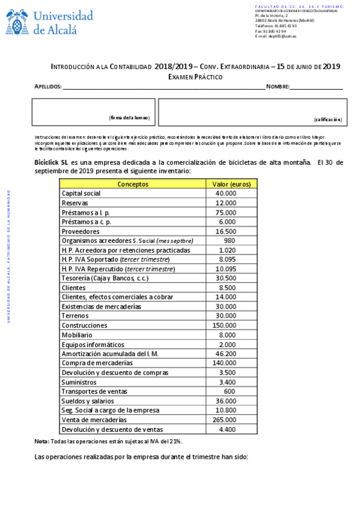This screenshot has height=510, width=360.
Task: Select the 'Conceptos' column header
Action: coord(133,184)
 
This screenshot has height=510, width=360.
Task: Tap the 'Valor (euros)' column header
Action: coord(231,184)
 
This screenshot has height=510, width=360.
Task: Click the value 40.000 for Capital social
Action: coord(226,194)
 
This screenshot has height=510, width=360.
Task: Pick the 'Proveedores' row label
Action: coord(81,232)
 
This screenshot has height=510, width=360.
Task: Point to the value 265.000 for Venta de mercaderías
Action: coord(224,420)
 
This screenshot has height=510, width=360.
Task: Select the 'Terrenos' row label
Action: coord(75,316)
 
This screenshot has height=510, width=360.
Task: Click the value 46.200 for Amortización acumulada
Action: coord(226,354)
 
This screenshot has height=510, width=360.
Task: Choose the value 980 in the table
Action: coord(229,241)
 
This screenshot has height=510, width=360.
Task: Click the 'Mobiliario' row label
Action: coord(78,334)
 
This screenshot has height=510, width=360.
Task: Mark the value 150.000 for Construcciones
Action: coord(224,325)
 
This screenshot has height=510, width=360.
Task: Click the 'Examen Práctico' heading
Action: coord(195,77)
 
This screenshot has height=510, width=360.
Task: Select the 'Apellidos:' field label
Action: coord(48,87)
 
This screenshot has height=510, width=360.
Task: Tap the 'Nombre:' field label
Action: coord(278,87)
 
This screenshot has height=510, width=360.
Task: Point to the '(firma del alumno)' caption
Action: coord(129,118)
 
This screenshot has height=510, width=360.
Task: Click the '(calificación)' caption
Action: coord(327,120)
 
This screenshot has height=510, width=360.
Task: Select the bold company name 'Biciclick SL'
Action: coord(51,162)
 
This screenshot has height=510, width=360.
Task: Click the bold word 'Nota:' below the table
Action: coord(41,441)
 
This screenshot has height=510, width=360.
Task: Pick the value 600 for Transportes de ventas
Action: coord(229,392)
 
